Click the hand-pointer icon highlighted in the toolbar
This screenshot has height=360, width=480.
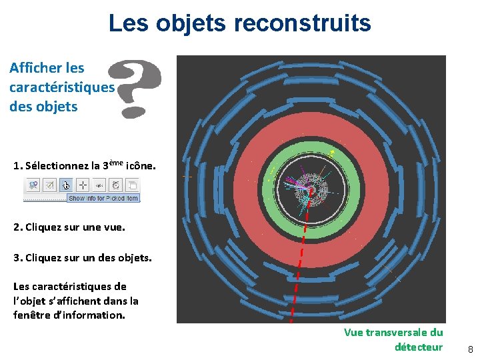(66, 185)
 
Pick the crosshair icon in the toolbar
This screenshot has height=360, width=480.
(83, 185)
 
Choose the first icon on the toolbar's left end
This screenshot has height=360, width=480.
(33, 185)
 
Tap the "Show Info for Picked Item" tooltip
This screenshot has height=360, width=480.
(103, 197)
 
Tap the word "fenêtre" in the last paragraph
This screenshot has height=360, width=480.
(33, 315)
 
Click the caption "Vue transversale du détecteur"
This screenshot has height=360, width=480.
(393, 339)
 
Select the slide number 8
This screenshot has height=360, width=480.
(470, 349)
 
